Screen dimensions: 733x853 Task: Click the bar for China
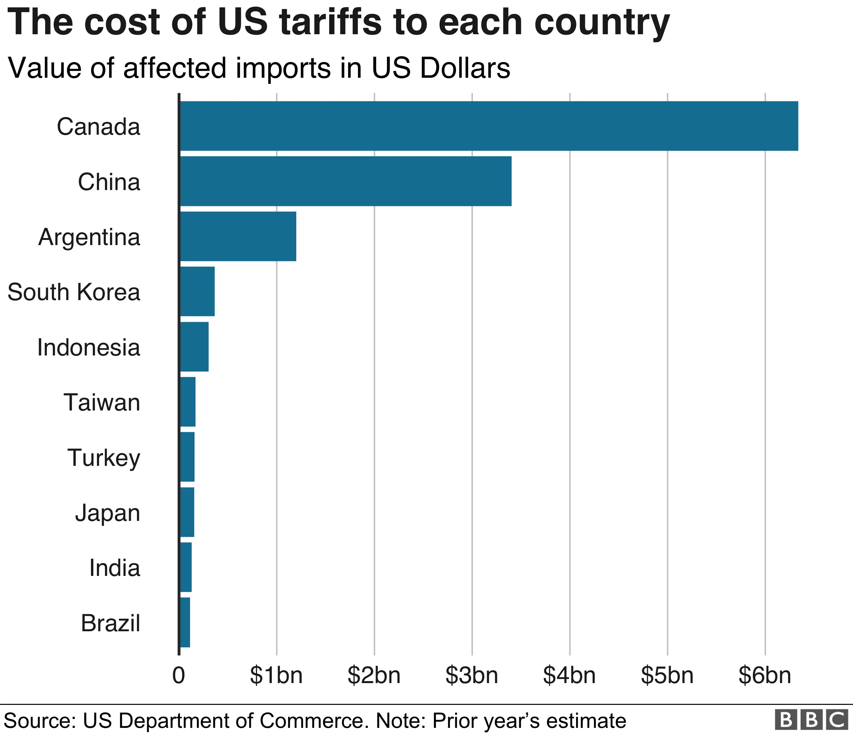click(346, 181)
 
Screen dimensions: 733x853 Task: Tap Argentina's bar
click(238, 236)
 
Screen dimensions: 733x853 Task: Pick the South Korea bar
click(197, 291)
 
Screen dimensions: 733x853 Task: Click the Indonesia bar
click(194, 347)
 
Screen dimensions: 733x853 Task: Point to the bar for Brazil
click(185, 622)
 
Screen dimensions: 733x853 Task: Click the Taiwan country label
click(102, 402)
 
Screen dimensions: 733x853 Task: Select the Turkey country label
click(104, 458)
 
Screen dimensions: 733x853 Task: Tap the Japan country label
click(108, 513)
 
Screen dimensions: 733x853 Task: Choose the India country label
click(115, 568)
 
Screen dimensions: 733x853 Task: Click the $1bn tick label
click(276, 675)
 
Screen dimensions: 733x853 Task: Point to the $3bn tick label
click(472, 675)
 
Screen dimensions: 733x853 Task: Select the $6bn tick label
click(765, 675)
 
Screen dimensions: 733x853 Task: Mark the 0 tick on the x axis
click(179, 675)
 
